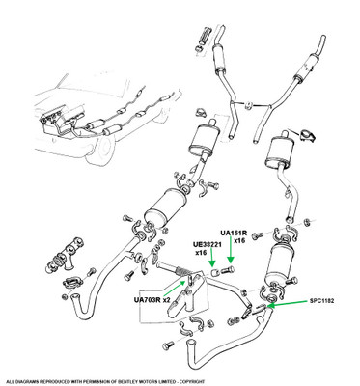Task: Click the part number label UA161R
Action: click(x=234, y=234)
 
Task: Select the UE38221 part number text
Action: click(x=208, y=246)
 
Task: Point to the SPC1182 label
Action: click(x=321, y=301)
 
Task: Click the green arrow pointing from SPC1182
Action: click(x=287, y=303)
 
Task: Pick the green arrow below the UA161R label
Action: click(x=231, y=253)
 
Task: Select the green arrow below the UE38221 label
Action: click(x=211, y=259)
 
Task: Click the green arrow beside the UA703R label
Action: click(x=175, y=288)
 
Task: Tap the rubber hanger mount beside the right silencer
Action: click(x=308, y=135)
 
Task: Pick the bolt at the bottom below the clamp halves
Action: click(x=167, y=345)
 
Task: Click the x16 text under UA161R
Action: click(x=239, y=240)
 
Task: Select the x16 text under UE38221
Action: click(x=201, y=253)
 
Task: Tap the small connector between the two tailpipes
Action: click(x=248, y=105)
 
